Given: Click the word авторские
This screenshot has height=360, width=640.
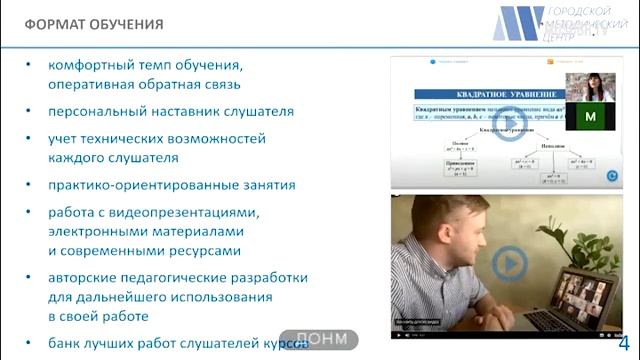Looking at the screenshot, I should tap(80, 277).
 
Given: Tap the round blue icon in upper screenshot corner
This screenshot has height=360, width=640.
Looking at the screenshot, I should tap(612, 176).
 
